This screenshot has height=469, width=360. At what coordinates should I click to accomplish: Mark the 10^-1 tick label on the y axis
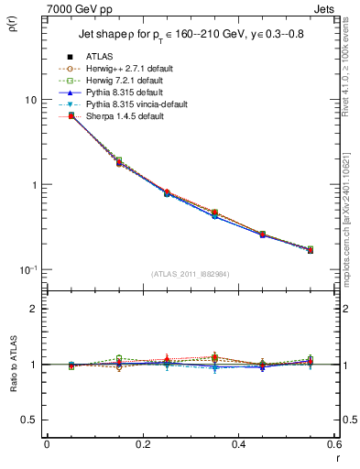click(27, 269)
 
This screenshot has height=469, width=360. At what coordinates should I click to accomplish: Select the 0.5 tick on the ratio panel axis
click(28, 420)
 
